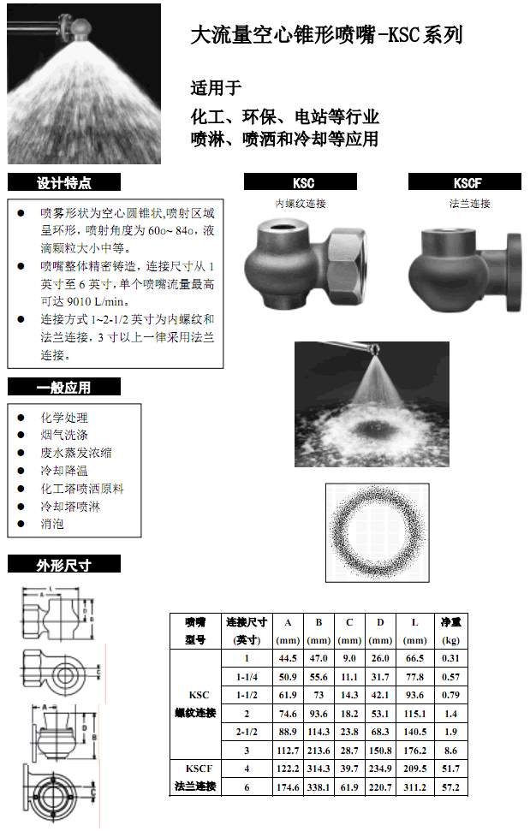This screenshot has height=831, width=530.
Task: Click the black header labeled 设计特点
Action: tap(64, 182)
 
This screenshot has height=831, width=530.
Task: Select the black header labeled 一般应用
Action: tap(64, 387)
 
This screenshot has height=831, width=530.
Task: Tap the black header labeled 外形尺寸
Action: tap(64, 564)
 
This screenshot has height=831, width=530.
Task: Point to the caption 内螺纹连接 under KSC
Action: tap(301, 204)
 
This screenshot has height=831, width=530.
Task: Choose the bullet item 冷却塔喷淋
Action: tap(70, 506)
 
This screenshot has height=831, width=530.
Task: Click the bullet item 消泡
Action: tap(52, 524)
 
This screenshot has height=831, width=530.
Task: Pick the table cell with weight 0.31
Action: tap(450, 658)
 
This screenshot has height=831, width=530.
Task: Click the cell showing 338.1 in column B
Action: tap(319, 786)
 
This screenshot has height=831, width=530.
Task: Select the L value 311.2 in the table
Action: tap(414, 786)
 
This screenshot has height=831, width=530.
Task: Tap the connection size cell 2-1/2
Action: tap(247, 732)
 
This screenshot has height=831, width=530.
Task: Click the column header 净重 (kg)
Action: tap(450, 631)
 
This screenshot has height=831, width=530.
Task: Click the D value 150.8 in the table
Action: tap(380, 751)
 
